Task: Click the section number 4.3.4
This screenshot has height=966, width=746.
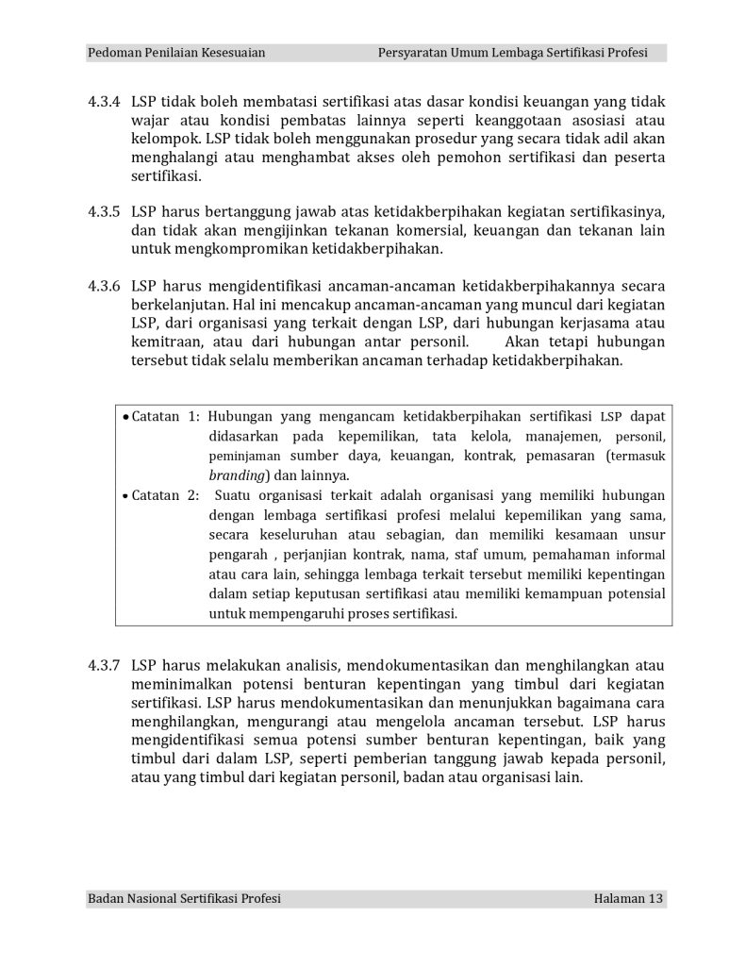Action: (x=103, y=101)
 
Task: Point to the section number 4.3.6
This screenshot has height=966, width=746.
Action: (x=103, y=286)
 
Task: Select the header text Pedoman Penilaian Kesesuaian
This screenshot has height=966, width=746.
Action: (x=175, y=53)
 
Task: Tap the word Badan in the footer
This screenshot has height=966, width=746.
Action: (x=105, y=899)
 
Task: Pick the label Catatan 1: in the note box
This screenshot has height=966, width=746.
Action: (x=165, y=415)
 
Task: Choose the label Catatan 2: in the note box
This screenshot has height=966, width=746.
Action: (x=165, y=494)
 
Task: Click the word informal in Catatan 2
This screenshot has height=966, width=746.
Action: (x=638, y=554)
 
